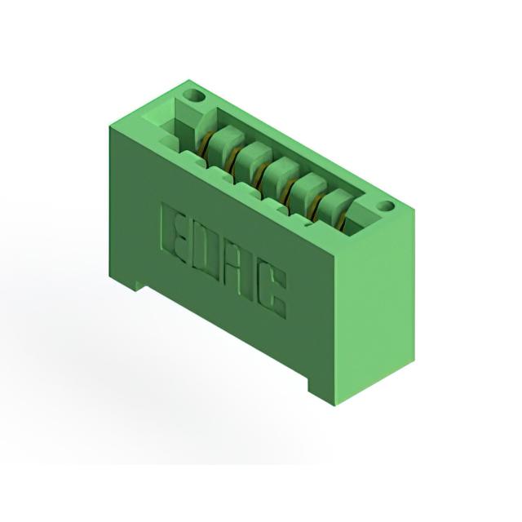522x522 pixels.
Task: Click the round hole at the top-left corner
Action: point(195,97)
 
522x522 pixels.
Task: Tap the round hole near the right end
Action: point(386,206)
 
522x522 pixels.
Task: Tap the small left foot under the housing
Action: point(139,285)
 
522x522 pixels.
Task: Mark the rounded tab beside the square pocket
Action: point(204,127)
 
